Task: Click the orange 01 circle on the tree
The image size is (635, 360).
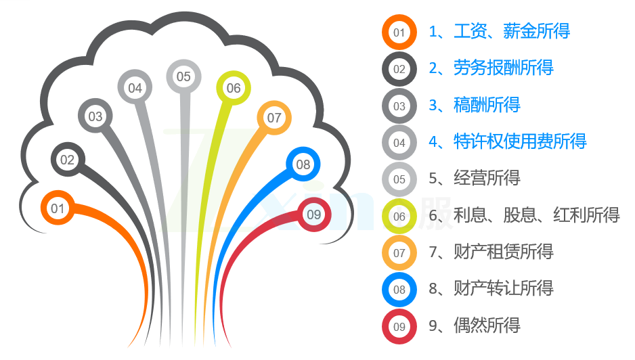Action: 58,208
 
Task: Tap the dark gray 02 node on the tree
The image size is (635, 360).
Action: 68,159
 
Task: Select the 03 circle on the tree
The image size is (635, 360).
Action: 95,116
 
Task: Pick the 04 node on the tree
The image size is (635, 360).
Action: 135,87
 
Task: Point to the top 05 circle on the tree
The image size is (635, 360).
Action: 183,76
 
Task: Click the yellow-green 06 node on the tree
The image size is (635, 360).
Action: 234,87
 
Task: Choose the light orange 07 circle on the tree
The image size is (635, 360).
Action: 274,118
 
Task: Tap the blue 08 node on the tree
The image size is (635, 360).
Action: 303,164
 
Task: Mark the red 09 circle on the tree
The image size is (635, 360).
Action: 314,215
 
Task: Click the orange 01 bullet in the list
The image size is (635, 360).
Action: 399,32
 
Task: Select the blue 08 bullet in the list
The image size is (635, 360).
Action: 399,290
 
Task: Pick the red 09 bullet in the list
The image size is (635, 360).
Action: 399,326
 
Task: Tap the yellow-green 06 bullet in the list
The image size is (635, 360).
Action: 399,217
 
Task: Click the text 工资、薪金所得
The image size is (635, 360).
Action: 512,31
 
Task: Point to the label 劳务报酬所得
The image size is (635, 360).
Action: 504,68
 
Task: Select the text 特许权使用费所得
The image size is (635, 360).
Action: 520,141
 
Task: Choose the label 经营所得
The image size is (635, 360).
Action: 487,178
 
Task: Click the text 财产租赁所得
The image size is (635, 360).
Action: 504,252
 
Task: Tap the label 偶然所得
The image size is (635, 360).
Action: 487,325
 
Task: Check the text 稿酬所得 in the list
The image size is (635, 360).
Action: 487,105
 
